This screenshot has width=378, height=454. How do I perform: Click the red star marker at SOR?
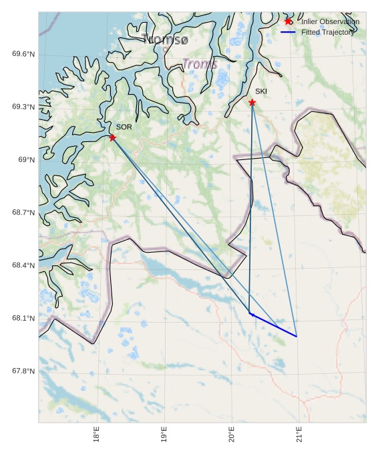click(x=112, y=137)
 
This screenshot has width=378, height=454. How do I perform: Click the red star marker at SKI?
click(x=252, y=102)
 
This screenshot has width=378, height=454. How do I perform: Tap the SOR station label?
click(x=124, y=127)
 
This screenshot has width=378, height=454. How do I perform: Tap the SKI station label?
click(x=261, y=91)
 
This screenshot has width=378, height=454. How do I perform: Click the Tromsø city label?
click(x=166, y=40)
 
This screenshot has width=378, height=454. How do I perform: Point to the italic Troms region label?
click(x=200, y=64)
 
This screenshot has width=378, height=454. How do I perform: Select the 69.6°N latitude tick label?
click(x=23, y=54)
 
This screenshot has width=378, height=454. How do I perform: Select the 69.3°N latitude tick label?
click(x=23, y=107)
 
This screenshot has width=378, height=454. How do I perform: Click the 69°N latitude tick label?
click(x=25, y=159)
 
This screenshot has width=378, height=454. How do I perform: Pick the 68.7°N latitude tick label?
click(x=23, y=213)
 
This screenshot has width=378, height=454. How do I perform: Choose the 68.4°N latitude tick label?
click(x=23, y=265)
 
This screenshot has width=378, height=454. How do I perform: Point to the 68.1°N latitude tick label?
click(x=23, y=318)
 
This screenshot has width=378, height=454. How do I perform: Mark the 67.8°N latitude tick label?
click(x=23, y=371)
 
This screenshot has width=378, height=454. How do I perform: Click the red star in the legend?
click(x=288, y=21)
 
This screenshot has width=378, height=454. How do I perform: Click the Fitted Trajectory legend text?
click(x=328, y=32)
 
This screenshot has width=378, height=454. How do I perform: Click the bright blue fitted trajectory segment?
click(x=273, y=325)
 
